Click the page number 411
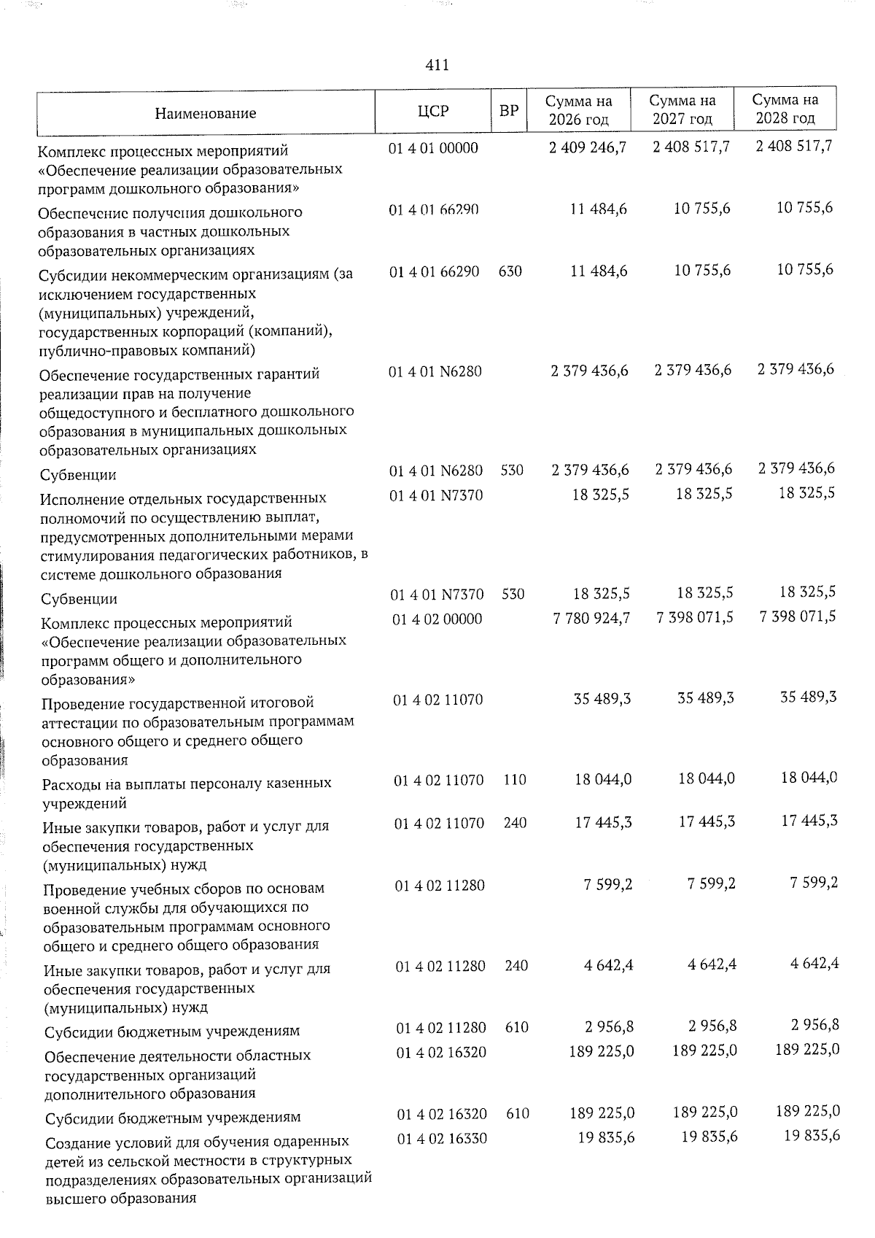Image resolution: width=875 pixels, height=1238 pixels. point(437,66)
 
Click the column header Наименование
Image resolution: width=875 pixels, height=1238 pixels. point(206,113)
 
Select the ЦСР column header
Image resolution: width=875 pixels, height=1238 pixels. point(433,111)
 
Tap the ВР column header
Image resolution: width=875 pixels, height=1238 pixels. point(509,111)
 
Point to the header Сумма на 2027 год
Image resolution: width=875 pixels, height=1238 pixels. point(682,109)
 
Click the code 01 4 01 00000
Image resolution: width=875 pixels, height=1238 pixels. point(433,148)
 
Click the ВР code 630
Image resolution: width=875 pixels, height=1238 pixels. point(510,271)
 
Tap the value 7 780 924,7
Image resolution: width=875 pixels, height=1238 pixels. point(592,619)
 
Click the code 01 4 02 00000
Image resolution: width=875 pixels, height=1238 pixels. point(437,619)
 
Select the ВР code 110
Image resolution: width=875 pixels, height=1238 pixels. point(515,780)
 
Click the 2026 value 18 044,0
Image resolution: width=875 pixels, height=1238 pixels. point(603,780)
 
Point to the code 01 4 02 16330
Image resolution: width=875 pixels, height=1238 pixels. point(442,1139)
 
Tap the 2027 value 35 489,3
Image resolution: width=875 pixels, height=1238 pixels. point(705,699)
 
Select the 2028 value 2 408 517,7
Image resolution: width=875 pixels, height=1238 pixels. point(794,147)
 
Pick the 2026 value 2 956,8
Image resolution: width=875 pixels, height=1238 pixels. point(609,1027)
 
